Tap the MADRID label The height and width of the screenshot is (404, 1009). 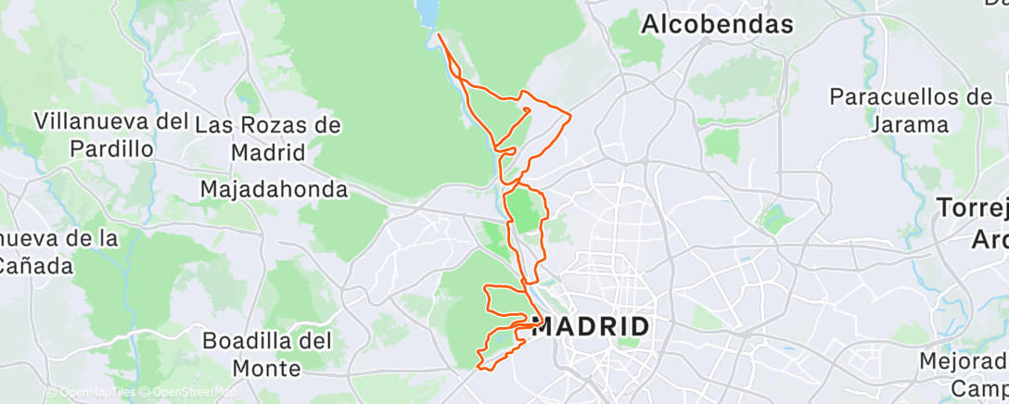pyautogui.click(x=591, y=327)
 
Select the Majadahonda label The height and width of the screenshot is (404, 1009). pyautogui.click(x=275, y=190)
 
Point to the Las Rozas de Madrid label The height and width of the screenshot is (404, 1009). pyautogui.click(x=269, y=138)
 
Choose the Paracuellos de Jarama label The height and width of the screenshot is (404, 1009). pyautogui.click(x=912, y=110)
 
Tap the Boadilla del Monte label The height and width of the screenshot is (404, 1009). pyautogui.click(x=267, y=354)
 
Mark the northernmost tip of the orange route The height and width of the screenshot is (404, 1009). pyautogui.click(x=438, y=35)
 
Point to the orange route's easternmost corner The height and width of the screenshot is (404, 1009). pyautogui.click(x=569, y=116)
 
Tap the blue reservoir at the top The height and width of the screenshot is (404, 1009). pyautogui.click(x=427, y=13)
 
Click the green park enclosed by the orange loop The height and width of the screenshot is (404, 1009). pyautogui.click(x=525, y=212)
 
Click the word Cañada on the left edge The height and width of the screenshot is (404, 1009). pyautogui.click(x=35, y=267)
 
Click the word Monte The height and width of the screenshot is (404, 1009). pyautogui.click(x=267, y=368)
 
